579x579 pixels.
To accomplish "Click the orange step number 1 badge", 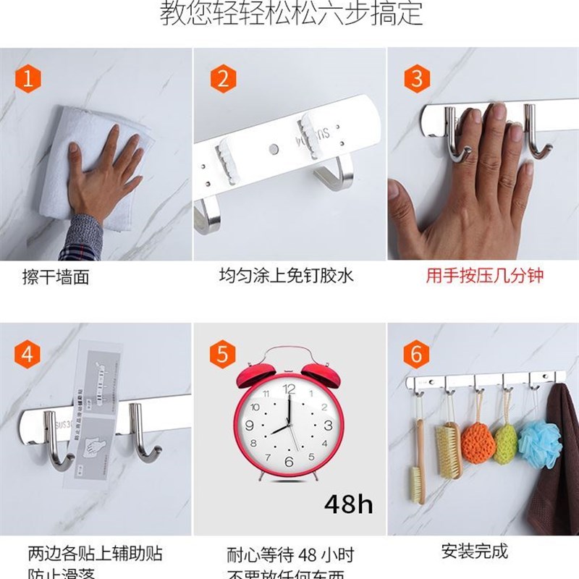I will coord(28,79).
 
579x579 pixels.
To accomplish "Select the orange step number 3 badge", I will coord(416,79).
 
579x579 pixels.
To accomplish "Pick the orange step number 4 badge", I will coord(28,355).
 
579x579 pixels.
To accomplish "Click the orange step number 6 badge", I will coord(416,355).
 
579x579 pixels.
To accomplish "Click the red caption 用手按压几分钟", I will coord(484,276).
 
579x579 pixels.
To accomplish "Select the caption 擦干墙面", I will coord(56,277).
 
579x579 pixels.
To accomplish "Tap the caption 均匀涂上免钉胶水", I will coord(287,276).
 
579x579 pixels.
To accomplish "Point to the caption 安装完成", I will coord(475,551).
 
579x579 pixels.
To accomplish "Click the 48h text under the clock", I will coord(348,504).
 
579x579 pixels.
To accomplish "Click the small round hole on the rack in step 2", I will coord(273,150).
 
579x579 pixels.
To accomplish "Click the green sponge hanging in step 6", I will coord(506,440).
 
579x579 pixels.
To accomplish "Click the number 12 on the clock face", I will coord(289,389).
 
